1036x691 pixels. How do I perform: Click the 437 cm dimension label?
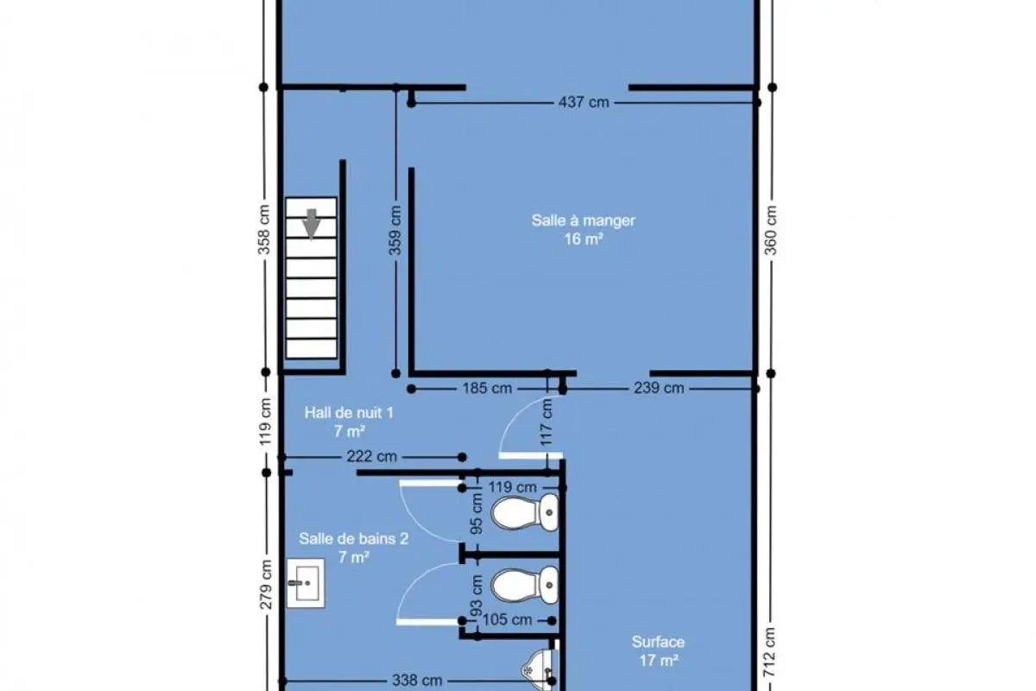[x=584, y=102]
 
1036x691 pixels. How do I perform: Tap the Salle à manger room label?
[x=584, y=230]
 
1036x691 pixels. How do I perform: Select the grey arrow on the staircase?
[x=312, y=224]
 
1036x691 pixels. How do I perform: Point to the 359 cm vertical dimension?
[x=395, y=231]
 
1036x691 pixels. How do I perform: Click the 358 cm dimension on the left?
[x=263, y=230]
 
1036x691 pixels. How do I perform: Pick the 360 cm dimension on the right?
[x=770, y=230]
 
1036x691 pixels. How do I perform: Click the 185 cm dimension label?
[x=487, y=388]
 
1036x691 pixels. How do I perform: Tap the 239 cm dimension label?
[x=659, y=388]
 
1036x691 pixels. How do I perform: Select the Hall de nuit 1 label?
[x=349, y=422]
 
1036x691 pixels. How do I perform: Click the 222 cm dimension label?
[x=372, y=457]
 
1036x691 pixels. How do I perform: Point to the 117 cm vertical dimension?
[x=546, y=422]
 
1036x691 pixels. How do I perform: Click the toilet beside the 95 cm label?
[x=525, y=513]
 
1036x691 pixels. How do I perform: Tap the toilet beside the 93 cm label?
[x=525, y=586]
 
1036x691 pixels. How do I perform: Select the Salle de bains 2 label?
[x=354, y=548]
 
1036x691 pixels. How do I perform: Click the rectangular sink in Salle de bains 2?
[x=306, y=583]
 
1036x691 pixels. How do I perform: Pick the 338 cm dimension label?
[x=417, y=680]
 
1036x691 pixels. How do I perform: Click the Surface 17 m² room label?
[x=658, y=650]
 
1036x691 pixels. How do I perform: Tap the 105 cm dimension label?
[x=507, y=619]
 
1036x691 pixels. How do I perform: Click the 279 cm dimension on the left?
[x=266, y=584]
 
